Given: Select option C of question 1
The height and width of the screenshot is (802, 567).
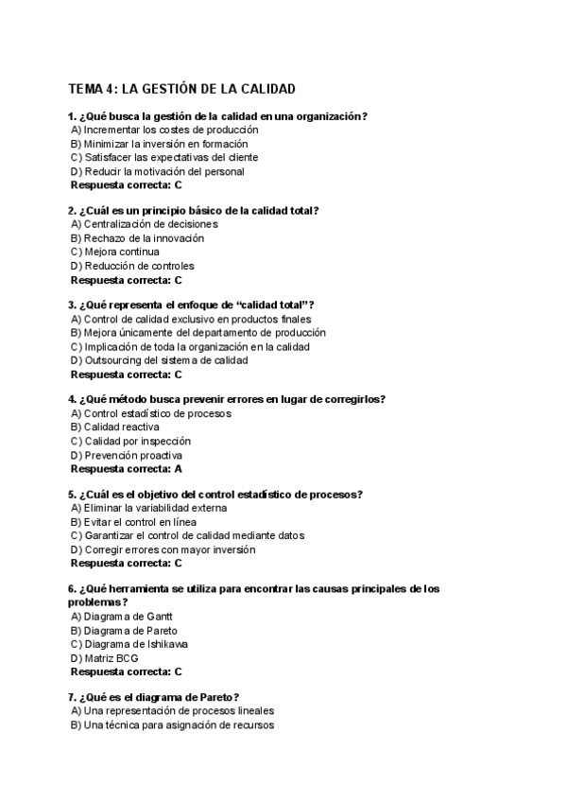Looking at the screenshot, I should [163, 157].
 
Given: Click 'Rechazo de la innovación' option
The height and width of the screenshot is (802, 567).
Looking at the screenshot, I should [137, 238].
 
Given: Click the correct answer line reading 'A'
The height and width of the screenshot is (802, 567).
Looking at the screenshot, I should [127, 468].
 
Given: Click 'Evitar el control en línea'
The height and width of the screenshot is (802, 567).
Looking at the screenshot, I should [140, 522].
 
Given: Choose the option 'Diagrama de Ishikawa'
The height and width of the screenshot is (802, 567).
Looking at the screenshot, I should [129, 644].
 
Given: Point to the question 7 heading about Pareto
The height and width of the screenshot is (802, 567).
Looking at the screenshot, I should [153, 696].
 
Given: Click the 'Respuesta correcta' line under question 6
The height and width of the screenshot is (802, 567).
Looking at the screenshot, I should [127, 671].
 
